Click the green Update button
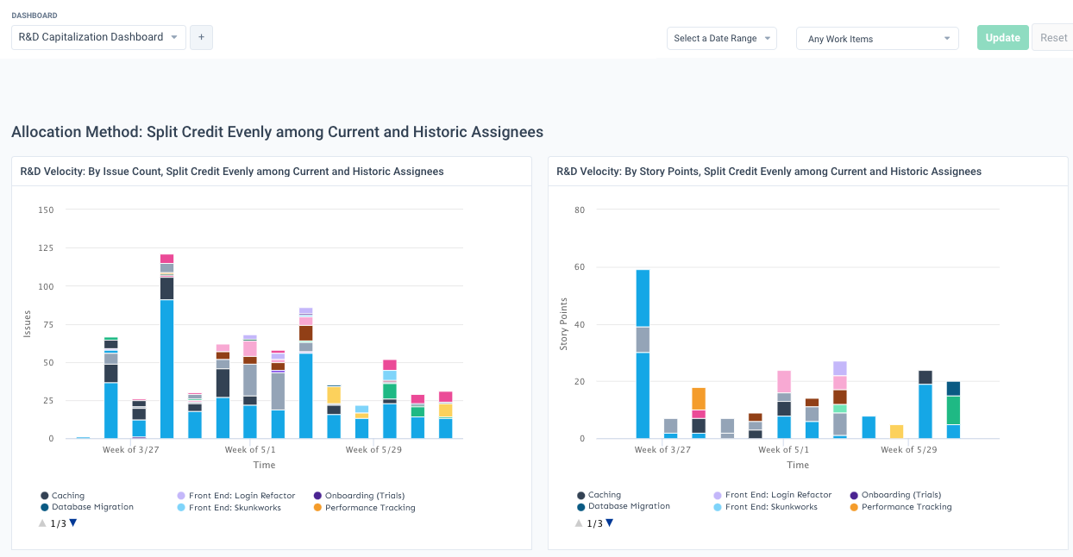pyautogui.click(x=1002, y=38)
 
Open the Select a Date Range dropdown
pyautogui.click(x=721, y=39)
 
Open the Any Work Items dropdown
pyautogui.click(x=876, y=39)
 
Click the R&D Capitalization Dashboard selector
pyautogui.click(x=98, y=37)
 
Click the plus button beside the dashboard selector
pyautogui.click(x=201, y=37)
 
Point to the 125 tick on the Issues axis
pyautogui.click(x=45, y=248)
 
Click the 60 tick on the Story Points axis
pyautogui.click(x=580, y=267)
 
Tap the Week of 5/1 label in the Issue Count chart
pyautogui.click(x=250, y=450)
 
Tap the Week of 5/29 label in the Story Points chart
pyautogui.click(x=908, y=450)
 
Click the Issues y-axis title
pyautogui.click(x=28, y=324)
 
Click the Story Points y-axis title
pyautogui.click(x=564, y=324)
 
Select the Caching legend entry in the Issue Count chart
pyautogui.click(x=67, y=496)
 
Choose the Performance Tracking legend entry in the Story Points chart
pyautogui.click(x=906, y=507)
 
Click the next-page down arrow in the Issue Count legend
pyautogui.click(x=73, y=523)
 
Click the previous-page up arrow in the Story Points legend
pyautogui.click(x=579, y=523)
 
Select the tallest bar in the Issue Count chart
pyautogui.click(x=166, y=362)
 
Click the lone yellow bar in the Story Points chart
pyautogui.click(x=897, y=432)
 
